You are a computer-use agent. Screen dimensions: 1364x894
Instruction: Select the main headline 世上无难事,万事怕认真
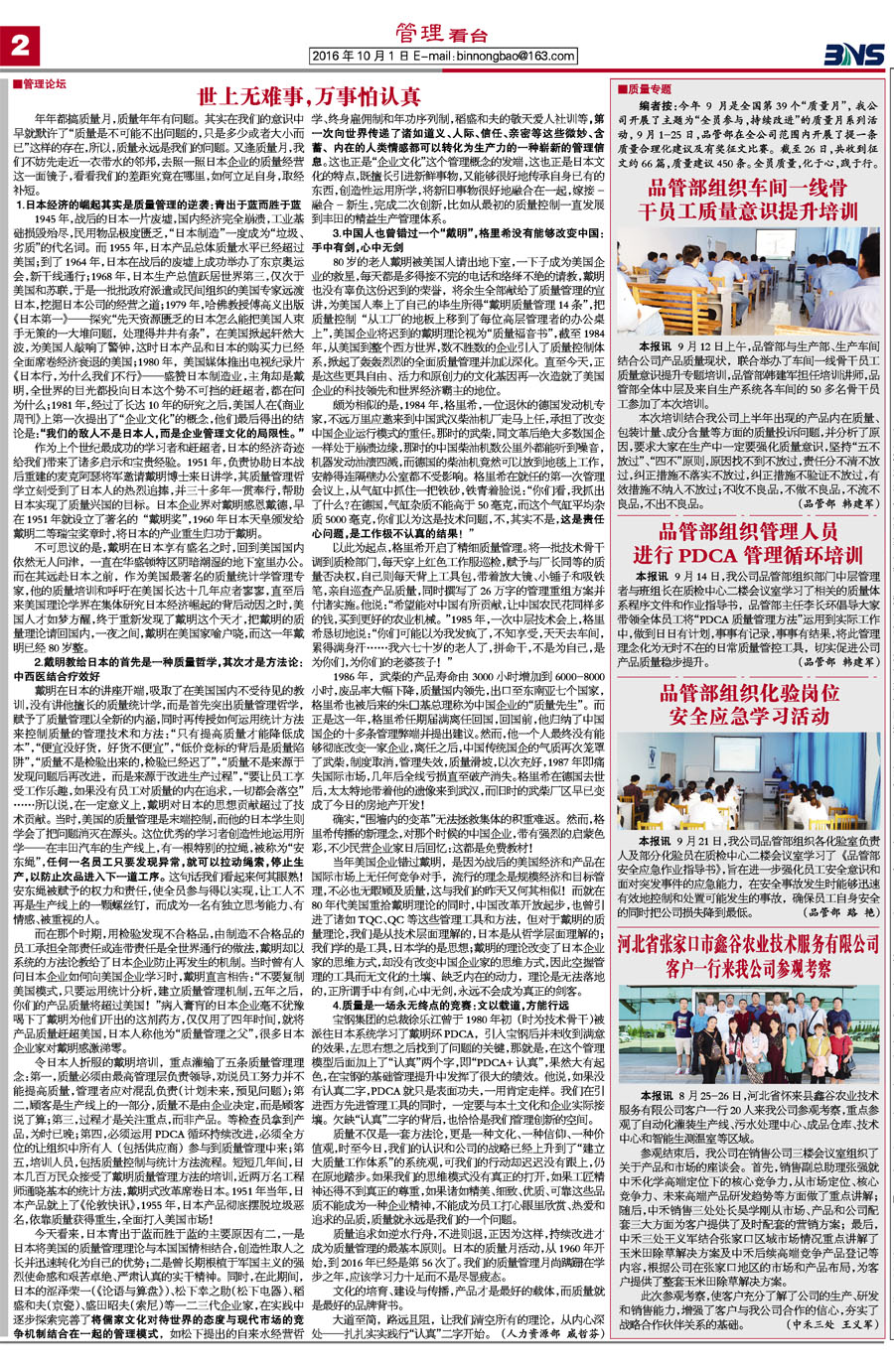click(x=309, y=97)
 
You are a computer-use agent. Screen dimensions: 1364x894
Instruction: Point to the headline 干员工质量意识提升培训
click(x=747, y=210)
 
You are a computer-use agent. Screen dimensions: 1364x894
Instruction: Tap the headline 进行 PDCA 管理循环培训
click(x=747, y=555)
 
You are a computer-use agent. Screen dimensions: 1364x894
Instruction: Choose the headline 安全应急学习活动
click(x=747, y=716)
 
